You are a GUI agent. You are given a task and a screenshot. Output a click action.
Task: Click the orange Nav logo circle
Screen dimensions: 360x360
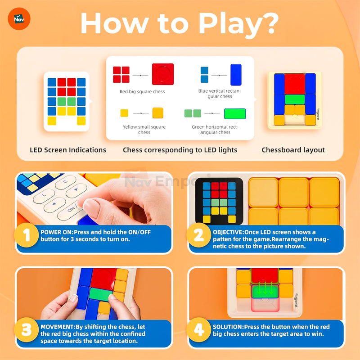pyautogui.click(x=19, y=19)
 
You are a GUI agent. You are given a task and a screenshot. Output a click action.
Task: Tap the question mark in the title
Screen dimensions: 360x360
pyautogui.click(x=267, y=23)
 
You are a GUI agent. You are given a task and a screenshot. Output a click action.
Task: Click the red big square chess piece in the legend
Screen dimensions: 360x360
pyautogui.click(x=163, y=74)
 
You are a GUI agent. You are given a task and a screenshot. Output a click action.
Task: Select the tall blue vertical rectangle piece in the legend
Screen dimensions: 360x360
pyautogui.click(x=236, y=75)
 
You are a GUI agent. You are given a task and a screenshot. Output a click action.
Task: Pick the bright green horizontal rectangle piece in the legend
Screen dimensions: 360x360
pyautogui.click(x=235, y=114)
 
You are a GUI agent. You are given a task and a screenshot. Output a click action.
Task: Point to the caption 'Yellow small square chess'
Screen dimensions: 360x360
pyautogui.click(x=144, y=130)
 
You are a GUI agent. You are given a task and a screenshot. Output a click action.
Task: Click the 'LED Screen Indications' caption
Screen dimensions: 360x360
pyautogui.click(x=68, y=150)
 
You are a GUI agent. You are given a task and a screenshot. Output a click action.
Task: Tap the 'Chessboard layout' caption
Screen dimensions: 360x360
pyautogui.click(x=293, y=150)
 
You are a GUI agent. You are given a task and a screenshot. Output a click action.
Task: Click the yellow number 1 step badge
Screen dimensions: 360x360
pyautogui.click(x=27, y=235)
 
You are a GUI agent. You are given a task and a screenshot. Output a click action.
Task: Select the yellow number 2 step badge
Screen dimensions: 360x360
pyautogui.click(x=199, y=235)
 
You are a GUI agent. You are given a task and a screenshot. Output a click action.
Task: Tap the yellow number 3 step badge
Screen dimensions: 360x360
pyautogui.click(x=27, y=330)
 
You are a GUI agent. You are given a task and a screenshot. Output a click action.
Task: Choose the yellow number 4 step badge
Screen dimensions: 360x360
pyautogui.click(x=199, y=330)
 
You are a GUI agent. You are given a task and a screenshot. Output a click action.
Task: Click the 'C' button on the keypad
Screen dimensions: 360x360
pyautogui.click(x=65, y=182)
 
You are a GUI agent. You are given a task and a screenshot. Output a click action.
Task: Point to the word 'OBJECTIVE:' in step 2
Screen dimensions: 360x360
pyautogui.click(x=229, y=232)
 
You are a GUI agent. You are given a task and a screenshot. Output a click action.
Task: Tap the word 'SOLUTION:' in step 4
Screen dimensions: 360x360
pyautogui.click(x=228, y=327)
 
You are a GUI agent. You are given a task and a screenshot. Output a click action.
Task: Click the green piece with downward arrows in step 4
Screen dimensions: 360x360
pyautogui.click(x=265, y=291)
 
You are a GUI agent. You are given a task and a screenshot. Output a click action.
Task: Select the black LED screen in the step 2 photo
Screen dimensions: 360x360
pyautogui.click(x=219, y=201)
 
